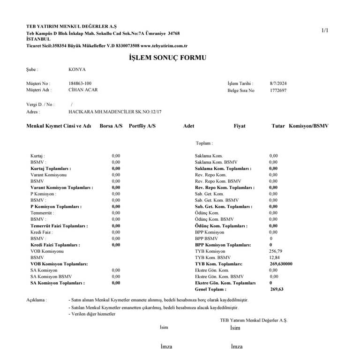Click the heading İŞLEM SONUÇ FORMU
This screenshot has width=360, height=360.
[x=167, y=58]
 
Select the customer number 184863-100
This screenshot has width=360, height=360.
[x=80, y=83]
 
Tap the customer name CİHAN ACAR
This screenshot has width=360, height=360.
[x=83, y=90]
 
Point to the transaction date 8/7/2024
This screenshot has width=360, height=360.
[x=278, y=83]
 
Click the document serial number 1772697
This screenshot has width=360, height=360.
[x=278, y=90]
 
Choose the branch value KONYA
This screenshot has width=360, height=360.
[x=77, y=69]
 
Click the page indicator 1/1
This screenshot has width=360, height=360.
[x=325, y=30]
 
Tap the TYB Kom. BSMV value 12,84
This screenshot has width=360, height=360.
[x=275, y=257]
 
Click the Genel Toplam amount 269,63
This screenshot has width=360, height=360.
[x=277, y=290]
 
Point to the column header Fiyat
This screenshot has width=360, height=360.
[x=240, y=127]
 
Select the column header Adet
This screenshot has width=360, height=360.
[x=188, y=127]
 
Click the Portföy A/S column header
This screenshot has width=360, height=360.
[x=142, y=127]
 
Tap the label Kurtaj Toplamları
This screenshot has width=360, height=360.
[x=51, y=168]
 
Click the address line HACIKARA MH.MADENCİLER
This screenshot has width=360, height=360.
[x=115, y=112]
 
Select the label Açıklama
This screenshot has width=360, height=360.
[x=37, y=300]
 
